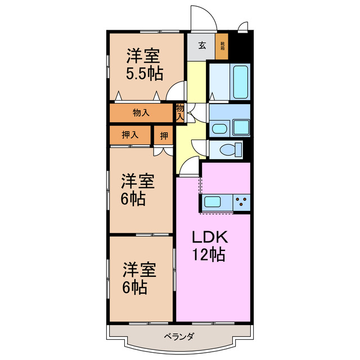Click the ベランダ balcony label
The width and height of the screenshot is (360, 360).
179,336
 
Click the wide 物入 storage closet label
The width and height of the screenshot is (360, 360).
141,113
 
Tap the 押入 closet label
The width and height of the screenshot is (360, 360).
130,135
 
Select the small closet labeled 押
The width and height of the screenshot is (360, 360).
163,135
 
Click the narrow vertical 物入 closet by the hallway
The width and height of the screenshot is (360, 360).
180,111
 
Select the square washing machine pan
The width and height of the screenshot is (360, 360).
241,128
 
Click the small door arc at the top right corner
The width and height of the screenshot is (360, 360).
242,26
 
